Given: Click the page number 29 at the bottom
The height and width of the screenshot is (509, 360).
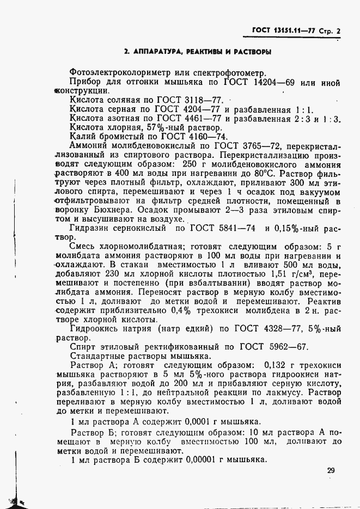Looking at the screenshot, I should [x=331, y=471].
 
